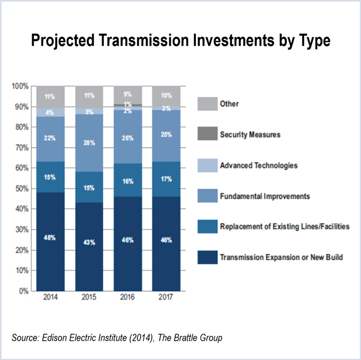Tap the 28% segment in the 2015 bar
[89, 143]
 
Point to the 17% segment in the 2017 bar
[166, 179]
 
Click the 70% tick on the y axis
[20, 148]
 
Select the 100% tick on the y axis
[19, 86]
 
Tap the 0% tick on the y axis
[22, 291]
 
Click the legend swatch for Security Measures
[205, 134]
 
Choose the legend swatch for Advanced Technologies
[205, 165]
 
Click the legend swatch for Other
[205, 103]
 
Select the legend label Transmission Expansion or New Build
[281, 257]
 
